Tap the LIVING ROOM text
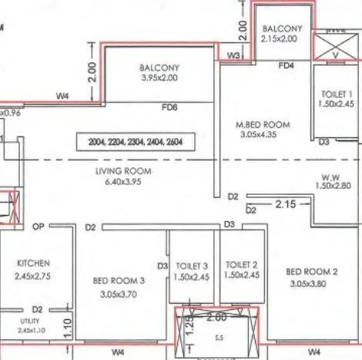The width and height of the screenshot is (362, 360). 123,170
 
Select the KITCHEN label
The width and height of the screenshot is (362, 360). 33,263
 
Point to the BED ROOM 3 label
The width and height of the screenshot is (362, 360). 120,281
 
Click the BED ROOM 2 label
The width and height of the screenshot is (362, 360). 311,271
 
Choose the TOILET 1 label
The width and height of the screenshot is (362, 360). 338,93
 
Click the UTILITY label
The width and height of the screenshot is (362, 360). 32,320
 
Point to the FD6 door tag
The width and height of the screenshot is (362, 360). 169,108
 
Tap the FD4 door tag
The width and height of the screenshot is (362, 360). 287,66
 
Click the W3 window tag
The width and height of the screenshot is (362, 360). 234,56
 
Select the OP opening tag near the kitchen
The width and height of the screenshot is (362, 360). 39,227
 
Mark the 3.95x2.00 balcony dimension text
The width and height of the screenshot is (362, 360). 159,79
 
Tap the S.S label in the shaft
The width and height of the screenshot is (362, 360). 220,337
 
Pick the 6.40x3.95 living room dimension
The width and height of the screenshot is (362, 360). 123,183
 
